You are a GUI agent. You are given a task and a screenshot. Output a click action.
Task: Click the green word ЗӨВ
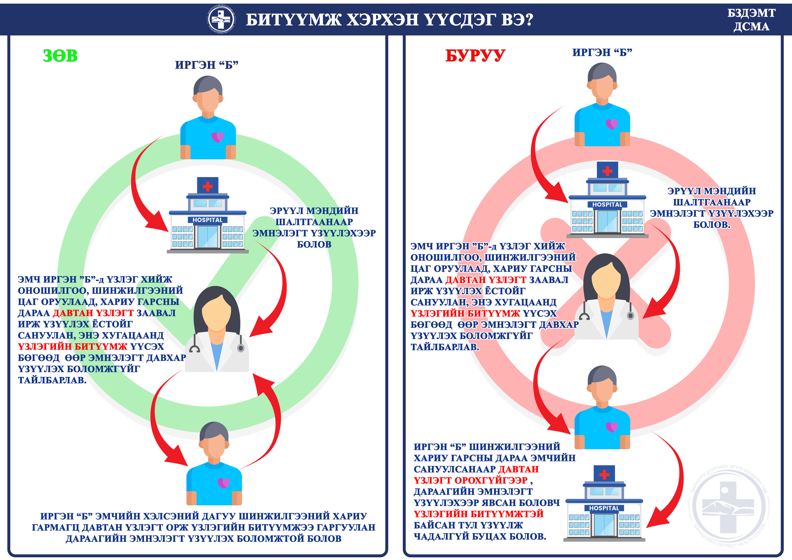point(60,56)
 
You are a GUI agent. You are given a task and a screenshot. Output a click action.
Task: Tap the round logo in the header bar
point(221,19)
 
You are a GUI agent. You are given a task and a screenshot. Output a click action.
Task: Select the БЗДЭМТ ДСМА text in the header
point(751,20)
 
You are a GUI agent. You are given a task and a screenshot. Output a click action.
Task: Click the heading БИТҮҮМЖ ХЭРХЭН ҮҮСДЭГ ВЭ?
point(389,20)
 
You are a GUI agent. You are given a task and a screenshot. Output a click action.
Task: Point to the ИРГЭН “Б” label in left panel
point(207,65)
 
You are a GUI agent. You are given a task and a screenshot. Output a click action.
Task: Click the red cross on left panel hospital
point(208,186)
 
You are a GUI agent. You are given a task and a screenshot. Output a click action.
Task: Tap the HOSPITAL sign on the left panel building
point(208,220)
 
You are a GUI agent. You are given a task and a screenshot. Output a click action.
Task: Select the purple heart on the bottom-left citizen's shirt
point(224,483)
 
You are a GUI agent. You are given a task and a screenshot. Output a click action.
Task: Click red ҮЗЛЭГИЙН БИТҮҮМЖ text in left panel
point(73,346)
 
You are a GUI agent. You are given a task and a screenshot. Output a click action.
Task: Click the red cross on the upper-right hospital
point(608,171)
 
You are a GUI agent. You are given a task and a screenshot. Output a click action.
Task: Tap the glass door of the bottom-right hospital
point(604,525)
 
